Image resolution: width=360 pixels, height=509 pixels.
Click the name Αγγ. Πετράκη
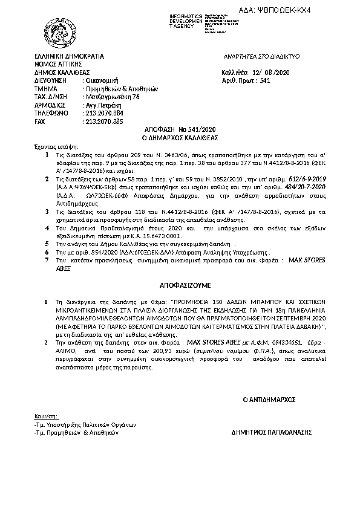101,104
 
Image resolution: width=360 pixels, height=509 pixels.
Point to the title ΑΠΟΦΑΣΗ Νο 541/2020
180,129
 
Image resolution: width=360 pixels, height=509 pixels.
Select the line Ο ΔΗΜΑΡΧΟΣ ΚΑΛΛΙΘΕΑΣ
180,137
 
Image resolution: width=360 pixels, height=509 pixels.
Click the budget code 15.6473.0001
167,235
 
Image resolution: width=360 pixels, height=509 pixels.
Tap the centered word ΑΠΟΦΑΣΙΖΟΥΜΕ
179,282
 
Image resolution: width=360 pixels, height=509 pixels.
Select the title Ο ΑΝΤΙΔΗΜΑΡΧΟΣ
268,400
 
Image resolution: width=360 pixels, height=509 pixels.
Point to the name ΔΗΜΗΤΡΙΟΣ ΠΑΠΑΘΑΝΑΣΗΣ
271,433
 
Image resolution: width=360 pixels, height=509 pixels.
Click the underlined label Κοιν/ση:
46,416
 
